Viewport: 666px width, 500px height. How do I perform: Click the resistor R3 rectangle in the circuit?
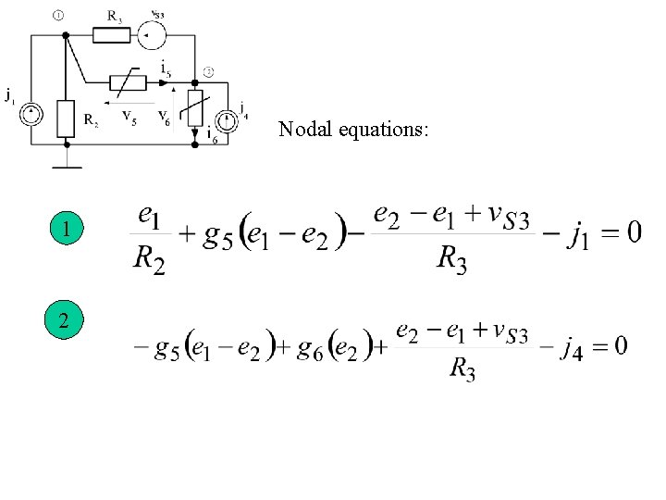[x=112, y=35]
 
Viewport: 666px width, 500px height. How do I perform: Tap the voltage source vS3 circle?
[x=152, y=36]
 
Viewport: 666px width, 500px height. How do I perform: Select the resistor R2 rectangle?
[x=66, y=118]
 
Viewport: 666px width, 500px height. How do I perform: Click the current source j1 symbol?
[x=31, y=116]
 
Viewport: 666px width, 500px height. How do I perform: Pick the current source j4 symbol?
[x=225, y=121]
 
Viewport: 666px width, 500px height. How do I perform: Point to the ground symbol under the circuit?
[x=66, y=167]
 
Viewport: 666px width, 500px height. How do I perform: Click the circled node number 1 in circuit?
[x=57, y=15]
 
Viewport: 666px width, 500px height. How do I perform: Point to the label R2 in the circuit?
[x=91, y=119]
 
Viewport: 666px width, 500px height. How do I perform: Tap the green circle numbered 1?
[x=66, y=228]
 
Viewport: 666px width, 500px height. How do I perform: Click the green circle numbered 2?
[x=66, y=321]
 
